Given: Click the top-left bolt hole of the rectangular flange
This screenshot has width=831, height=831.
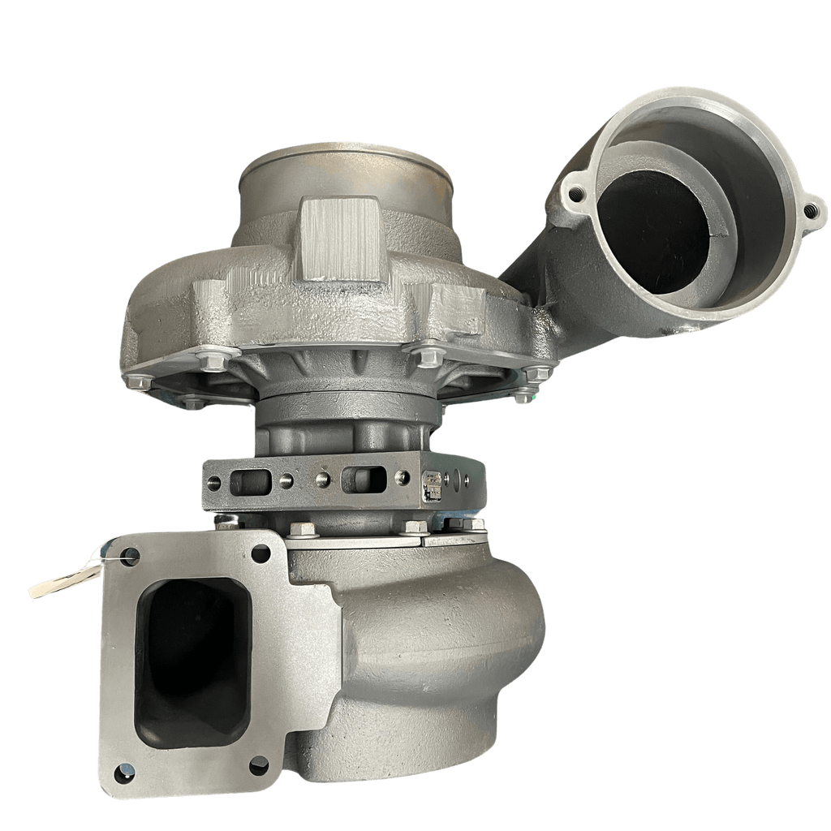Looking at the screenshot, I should [128, 557].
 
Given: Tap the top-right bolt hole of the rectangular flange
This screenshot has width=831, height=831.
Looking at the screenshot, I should [260, 553].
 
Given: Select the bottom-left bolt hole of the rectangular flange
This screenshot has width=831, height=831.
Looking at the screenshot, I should [123, 773].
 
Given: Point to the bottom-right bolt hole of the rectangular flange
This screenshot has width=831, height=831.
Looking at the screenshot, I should [259, 764].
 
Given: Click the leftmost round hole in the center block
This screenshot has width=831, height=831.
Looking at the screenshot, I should [214, 482].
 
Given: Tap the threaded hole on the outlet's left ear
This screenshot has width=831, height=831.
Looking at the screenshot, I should [575, 193].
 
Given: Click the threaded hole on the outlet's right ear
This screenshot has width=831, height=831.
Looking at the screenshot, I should [810, 209].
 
